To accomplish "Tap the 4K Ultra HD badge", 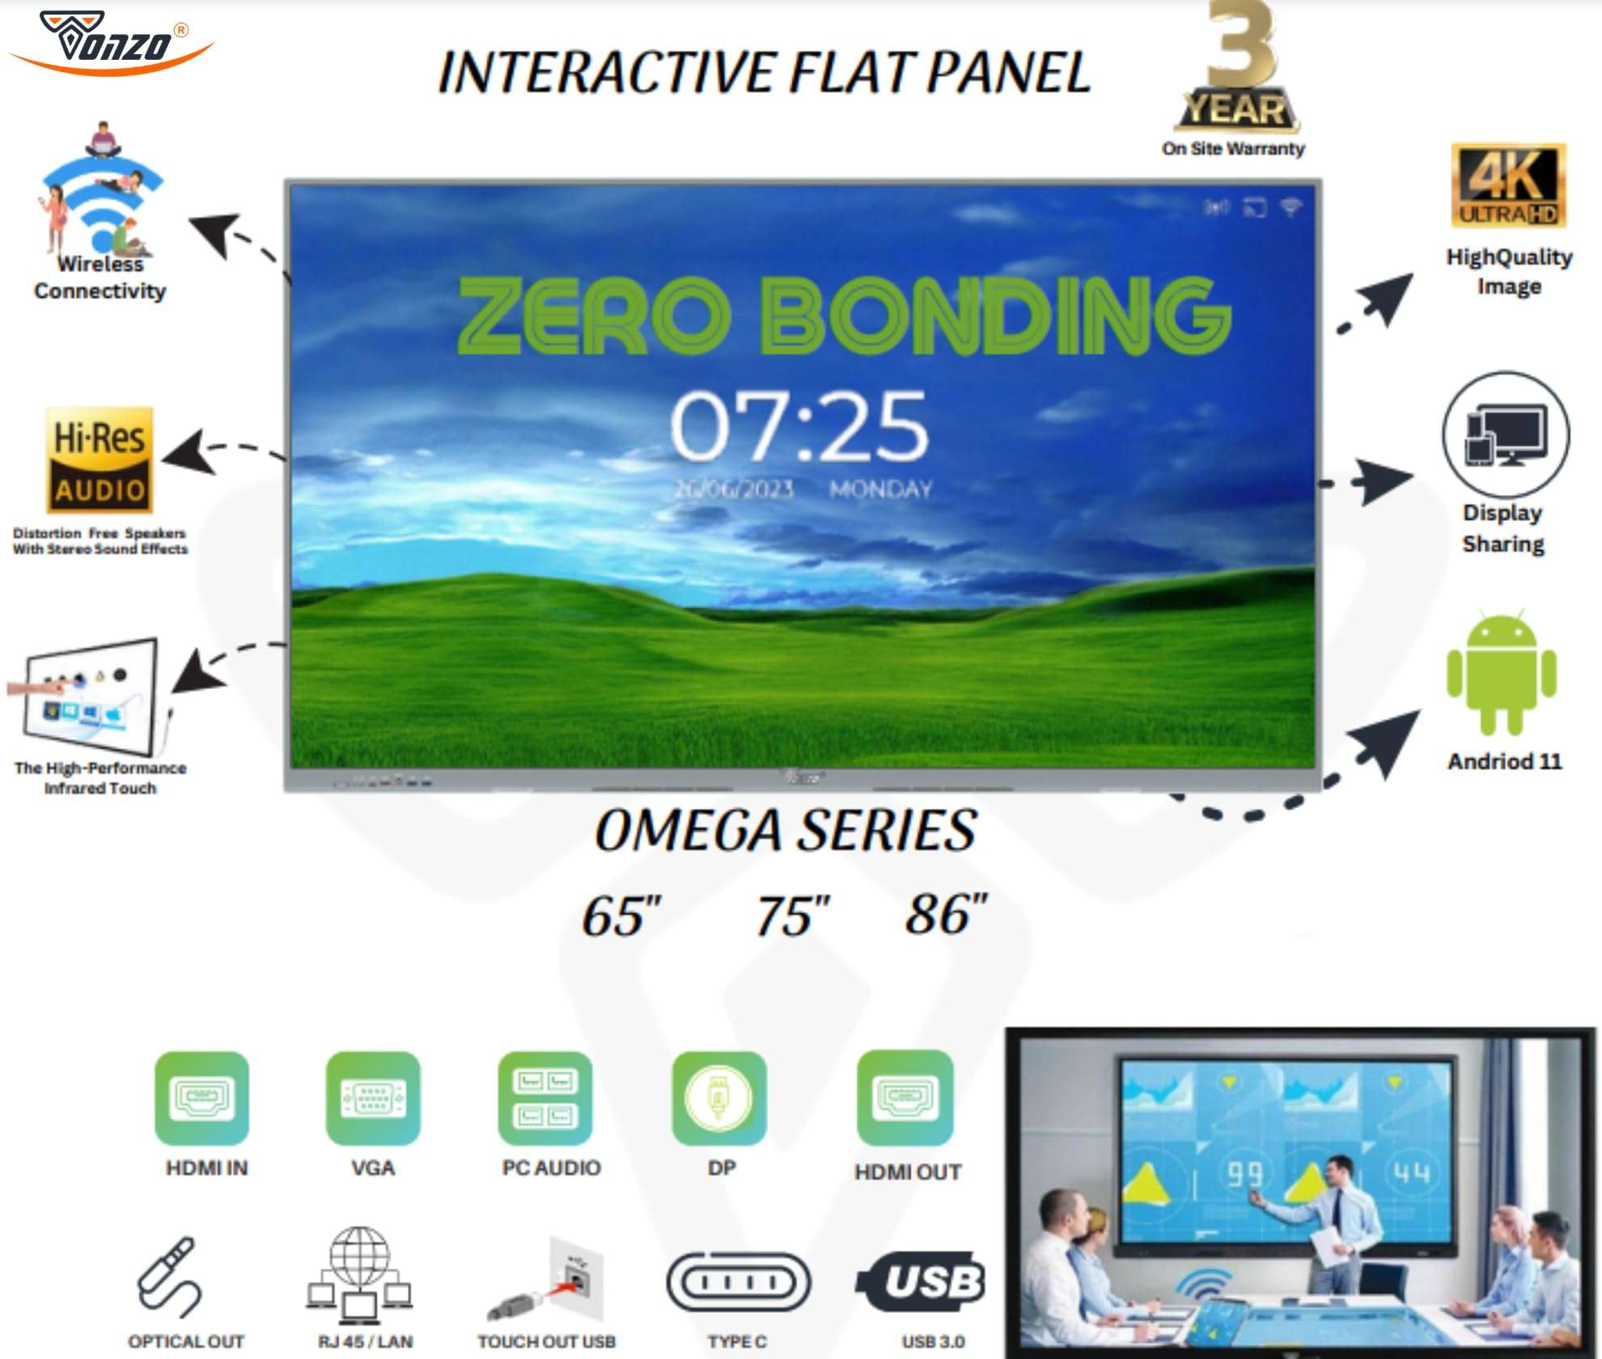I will (x=1508, y=186).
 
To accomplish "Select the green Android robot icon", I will (x=1502, y=673).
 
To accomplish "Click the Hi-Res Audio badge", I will (x=100, y=459).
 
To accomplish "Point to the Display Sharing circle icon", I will (x=1505, y=434).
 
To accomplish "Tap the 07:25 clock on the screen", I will (x=799, y=426).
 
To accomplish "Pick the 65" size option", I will (x=621, y=916).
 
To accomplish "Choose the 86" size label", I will (x=946, y=914).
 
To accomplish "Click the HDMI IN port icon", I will (x=201, y=1098).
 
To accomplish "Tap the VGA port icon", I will (x=373, y=1098).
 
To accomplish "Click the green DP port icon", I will (x=718, y=1098).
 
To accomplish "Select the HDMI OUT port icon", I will (x=905, y=1098).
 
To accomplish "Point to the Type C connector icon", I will (x=738, y=1282).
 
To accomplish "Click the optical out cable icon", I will (x=168, y=1276).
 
